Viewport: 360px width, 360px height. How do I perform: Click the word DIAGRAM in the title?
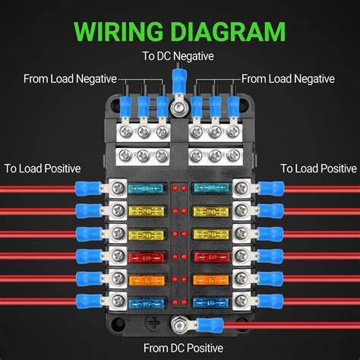click(228, 32)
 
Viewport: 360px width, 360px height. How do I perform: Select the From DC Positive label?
click(180, 347)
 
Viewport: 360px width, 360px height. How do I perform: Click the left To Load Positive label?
click(42, 168)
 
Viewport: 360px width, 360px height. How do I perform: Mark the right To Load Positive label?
click(317, 168)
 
